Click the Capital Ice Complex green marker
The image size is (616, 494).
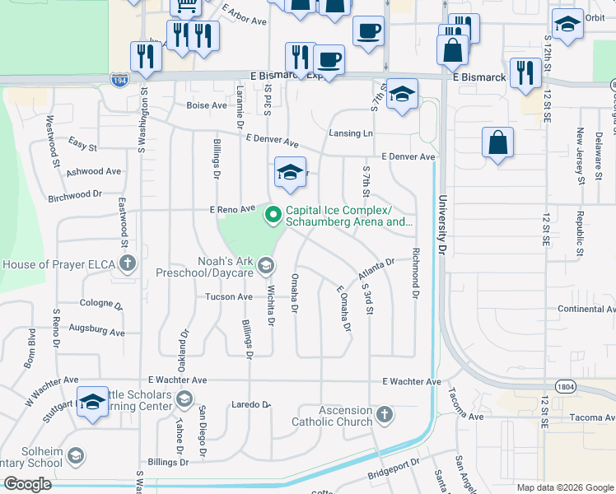(273, 216)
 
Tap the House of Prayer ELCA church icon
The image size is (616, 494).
(127, 264)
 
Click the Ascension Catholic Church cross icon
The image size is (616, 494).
(385, 412)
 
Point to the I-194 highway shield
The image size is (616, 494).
(119, 80)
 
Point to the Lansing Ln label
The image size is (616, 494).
(351, 133)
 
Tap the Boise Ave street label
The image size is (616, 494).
(206, 105)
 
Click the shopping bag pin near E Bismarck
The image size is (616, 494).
(452, 51)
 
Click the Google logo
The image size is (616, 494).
(27, 484)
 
